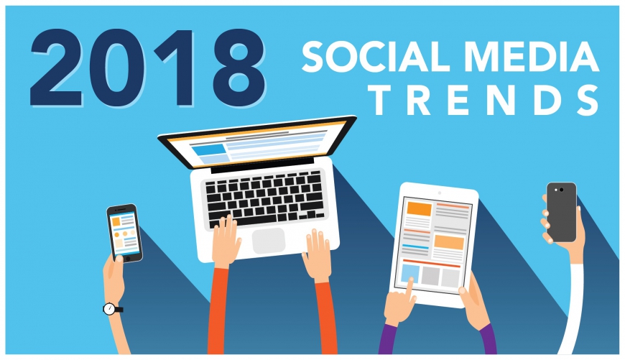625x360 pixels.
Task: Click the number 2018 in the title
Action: [x=148, y=68]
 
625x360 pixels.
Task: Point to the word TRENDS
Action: [x=485, y=100]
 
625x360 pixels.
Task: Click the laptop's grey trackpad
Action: [x=269, y=241]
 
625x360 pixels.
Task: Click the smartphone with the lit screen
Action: [x=125, y=234]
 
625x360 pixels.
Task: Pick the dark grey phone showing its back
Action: [x=561, y=212]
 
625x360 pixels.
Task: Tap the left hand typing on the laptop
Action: [x=226, y=241]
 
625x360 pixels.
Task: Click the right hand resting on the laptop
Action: [x=317, y=255]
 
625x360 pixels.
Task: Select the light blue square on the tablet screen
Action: [x=410, y=274]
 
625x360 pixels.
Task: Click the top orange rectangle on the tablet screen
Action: [x=420, y=209]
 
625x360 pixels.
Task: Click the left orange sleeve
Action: [x=217, y=311]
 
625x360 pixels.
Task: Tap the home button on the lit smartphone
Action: [x=128, y=259]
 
